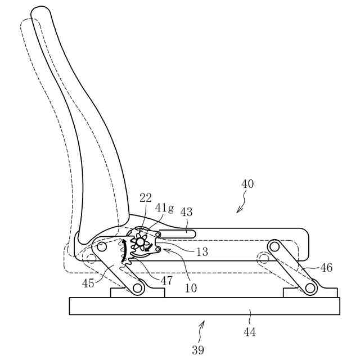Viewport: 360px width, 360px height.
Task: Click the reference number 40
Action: (247, 184)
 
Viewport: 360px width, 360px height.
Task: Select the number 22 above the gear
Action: (146, 197)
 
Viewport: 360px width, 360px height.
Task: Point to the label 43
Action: (186, 212)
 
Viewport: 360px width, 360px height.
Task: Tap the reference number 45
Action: (88, 283)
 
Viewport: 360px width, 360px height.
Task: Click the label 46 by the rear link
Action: (326, 268)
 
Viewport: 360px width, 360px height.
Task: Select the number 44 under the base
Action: (250, 332)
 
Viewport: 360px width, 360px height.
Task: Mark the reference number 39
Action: (197, 350)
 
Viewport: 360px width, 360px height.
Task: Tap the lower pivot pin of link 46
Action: (309, 289)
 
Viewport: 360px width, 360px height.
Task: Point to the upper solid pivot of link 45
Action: (102, 246)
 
